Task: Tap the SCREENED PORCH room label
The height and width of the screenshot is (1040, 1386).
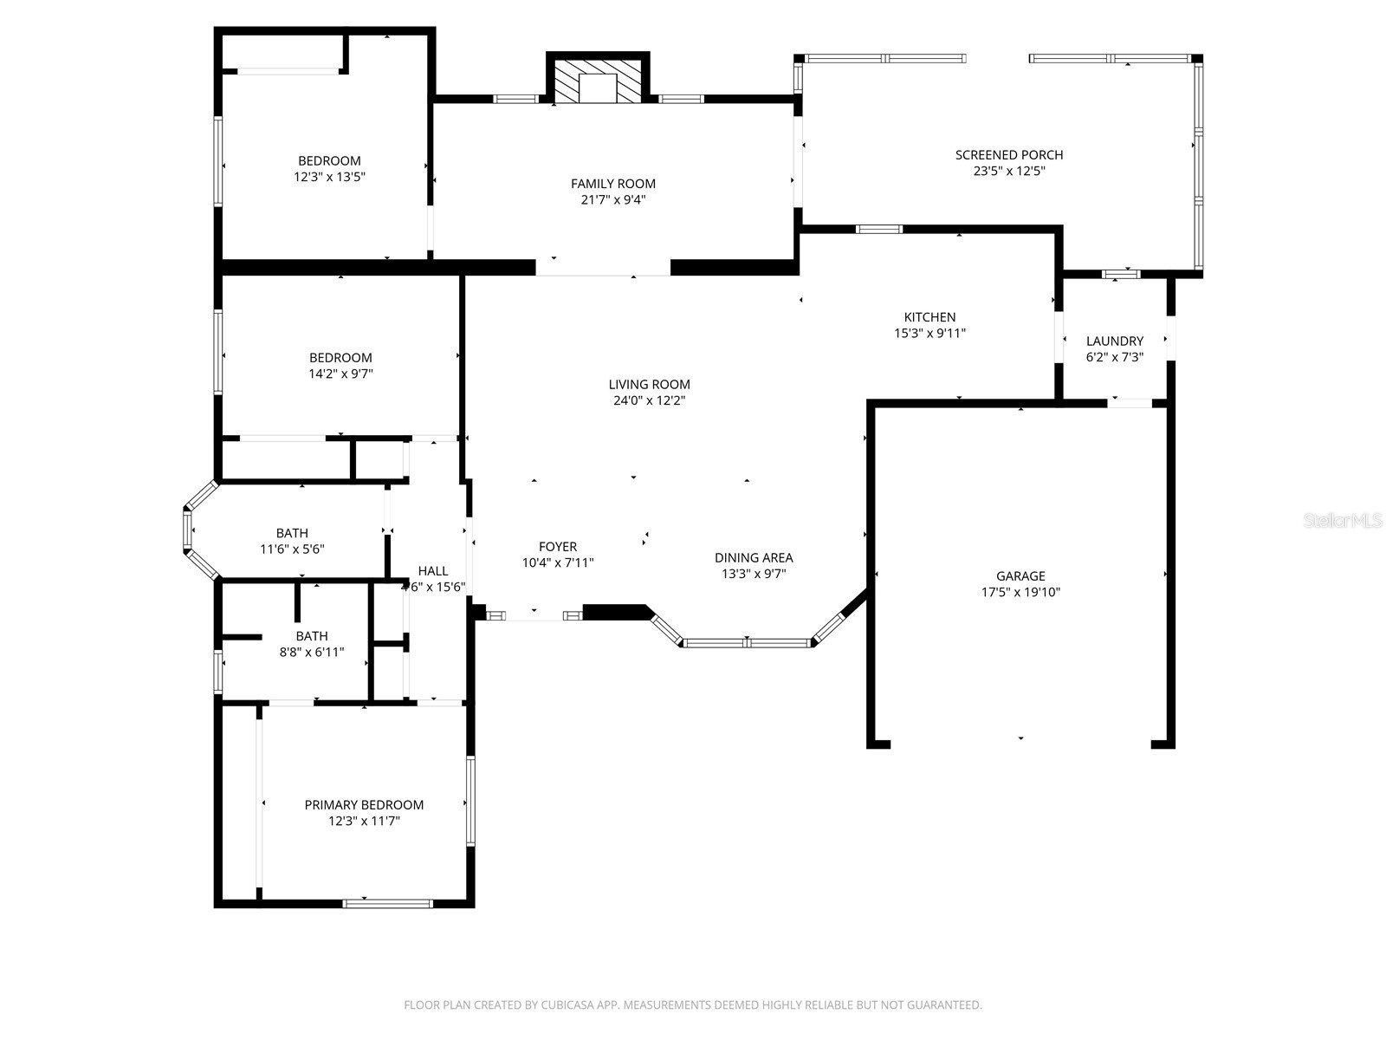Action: click(x=1009, y=155)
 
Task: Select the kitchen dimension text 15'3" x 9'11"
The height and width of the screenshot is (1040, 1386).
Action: click(x=929, y=333)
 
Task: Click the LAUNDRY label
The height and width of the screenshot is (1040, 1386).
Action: click(x=1115, y=341)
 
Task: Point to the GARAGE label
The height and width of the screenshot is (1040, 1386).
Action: click(x=1020, y=575)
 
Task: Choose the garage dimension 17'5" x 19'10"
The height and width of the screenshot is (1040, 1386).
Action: click(x=1020, y=592)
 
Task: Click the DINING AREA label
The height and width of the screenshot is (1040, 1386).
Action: click(x=754, y=557)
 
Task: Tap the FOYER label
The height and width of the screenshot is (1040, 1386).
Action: click(x=558, y=546)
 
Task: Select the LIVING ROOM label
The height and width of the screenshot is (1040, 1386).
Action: click(x=649, y=384)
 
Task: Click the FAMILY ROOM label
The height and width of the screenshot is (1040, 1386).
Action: click(x=612, y=183)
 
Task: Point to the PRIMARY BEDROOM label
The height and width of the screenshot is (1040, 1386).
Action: click(x=364, y=804)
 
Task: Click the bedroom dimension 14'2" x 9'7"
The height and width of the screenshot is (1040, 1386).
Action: click(x=340, y=374)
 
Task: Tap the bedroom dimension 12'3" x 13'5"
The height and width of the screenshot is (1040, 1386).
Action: click(x=329, y=176)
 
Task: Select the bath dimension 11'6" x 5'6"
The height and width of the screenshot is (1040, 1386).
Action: click(x=292, y=549)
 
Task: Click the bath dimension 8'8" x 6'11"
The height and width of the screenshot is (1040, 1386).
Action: click(x=312, y=652)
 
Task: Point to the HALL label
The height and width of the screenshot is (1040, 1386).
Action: click(x=433, y=570)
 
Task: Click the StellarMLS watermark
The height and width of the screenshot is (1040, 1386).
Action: click(x=1343, y=520)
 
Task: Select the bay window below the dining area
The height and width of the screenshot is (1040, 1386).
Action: click(x=747, y=643)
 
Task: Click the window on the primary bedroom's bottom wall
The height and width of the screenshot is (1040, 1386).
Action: click(x=387, y=903)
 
